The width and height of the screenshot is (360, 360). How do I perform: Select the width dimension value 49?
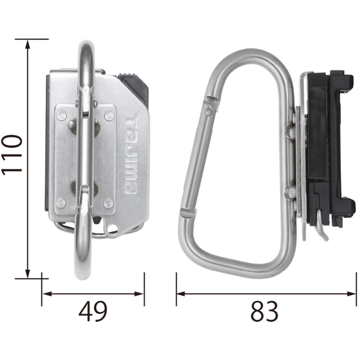coord(93,311)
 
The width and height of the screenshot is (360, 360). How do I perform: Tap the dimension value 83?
coord(265,311)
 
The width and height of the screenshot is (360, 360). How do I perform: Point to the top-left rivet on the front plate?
coord(61,116)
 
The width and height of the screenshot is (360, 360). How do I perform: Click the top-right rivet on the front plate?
coord(109,116)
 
